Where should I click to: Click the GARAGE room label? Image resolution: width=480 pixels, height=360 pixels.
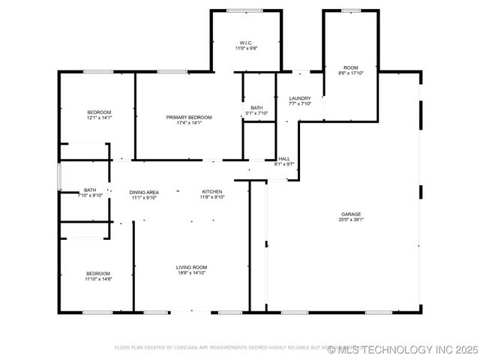pyautogui.click(x=352, y=214)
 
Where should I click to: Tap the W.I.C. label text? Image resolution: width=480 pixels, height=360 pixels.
pyautogui.click(x=246, y=42)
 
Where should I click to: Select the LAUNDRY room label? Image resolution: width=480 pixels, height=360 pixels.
pyautogui.click(x=300, y=98)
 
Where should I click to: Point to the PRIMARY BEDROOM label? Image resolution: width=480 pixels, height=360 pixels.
pyautogui.click(x=189, y=117)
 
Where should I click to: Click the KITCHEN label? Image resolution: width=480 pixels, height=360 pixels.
pyautogui.click(x=211, y=191)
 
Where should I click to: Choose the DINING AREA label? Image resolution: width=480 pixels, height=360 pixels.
pyautogui.click(x=144, y=192)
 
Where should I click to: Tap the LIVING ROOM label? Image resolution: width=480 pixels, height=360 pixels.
pyautogui.click(x=191, y=267)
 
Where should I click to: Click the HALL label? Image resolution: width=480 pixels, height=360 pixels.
pyautogui.click(x=284, y=158)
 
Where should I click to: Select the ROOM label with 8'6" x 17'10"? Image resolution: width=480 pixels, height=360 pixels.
pyautogui.click(x=351, y=67)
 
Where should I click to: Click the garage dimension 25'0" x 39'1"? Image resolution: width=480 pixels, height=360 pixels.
pyautogui.click(x=352, y=220)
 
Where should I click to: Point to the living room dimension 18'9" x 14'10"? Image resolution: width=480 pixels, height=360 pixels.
pyautogui.click(x=191, y=273)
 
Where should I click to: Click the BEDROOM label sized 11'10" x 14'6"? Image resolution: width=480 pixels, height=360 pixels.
pyautogui.click(x=98, y=273)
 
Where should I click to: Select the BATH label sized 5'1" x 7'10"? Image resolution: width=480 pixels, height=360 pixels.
pyautogui.click(x=256, y=108)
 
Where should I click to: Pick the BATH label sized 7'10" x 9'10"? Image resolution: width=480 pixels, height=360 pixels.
pyautogui.click(x=90, y=190)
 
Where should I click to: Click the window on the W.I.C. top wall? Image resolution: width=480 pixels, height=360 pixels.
pyautogui.click(x=245, y=10)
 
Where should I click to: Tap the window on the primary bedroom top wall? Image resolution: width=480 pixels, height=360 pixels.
pyautogui.click(x=172, y=72)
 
